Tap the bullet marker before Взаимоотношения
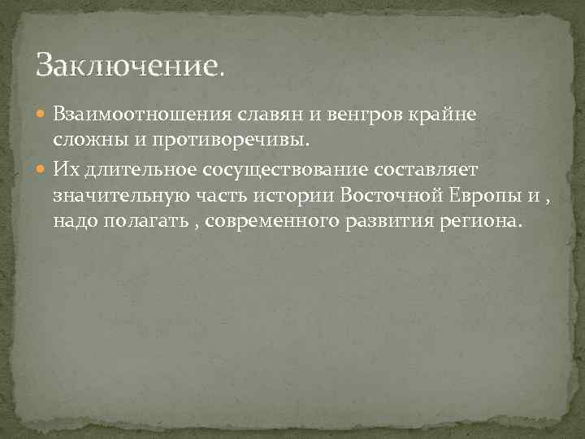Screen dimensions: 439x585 click(x=43, y=114)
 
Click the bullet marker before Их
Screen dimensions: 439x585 click(x=43, y=167)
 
